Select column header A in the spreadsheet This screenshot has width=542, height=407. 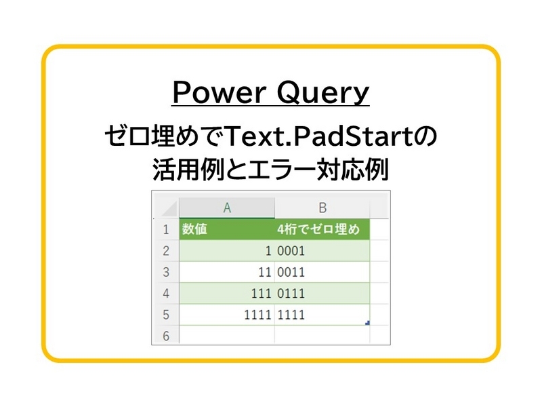coord(227,208)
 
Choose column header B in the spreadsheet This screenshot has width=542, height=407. coord(322,208)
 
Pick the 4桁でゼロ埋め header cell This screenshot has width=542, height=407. coord(322,230)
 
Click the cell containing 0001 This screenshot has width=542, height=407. coord(291,251)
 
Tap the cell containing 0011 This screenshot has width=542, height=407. coord(291,273)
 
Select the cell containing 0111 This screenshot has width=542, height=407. coord(291,294)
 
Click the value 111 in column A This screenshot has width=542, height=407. coord(261,294)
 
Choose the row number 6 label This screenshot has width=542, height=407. coord(165,335)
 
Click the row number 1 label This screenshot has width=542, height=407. coord(165,230)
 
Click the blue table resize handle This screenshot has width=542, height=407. coord(367,322)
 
